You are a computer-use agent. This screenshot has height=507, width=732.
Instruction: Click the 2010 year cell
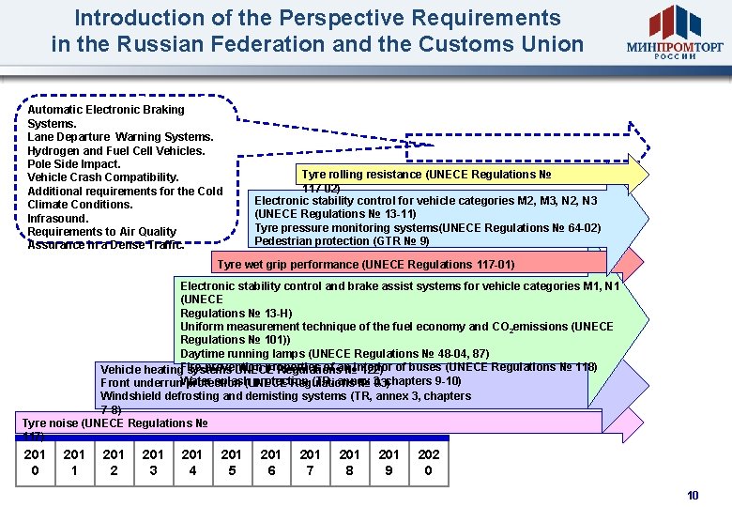coord(36,462)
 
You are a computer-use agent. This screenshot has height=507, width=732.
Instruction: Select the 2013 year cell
coord(153,462)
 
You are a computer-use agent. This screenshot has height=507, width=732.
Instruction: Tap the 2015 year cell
coord(232,462)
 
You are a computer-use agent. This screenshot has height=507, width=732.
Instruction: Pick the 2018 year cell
coord(349,462)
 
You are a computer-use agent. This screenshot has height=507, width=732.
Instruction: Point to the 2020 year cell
coord(428,462)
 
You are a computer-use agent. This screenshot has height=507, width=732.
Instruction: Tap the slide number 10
coord(693,495)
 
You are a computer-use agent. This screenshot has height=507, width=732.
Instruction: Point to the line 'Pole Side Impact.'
coord(74,164)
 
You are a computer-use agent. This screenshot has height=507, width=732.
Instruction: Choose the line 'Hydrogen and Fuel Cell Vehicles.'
coord(116,150)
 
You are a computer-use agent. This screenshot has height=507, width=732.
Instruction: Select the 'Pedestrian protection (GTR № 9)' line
coord(342,241)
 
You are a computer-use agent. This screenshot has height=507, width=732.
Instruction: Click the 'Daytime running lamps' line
coord(334,353)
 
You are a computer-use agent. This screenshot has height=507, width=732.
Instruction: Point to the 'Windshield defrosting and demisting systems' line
coord(285,396)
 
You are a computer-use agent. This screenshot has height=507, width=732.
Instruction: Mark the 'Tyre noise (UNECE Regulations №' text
coord(114,423)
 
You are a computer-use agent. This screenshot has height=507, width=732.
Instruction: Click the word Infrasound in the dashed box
coord(58,218)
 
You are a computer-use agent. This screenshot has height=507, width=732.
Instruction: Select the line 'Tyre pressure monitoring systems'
coord(428,228)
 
